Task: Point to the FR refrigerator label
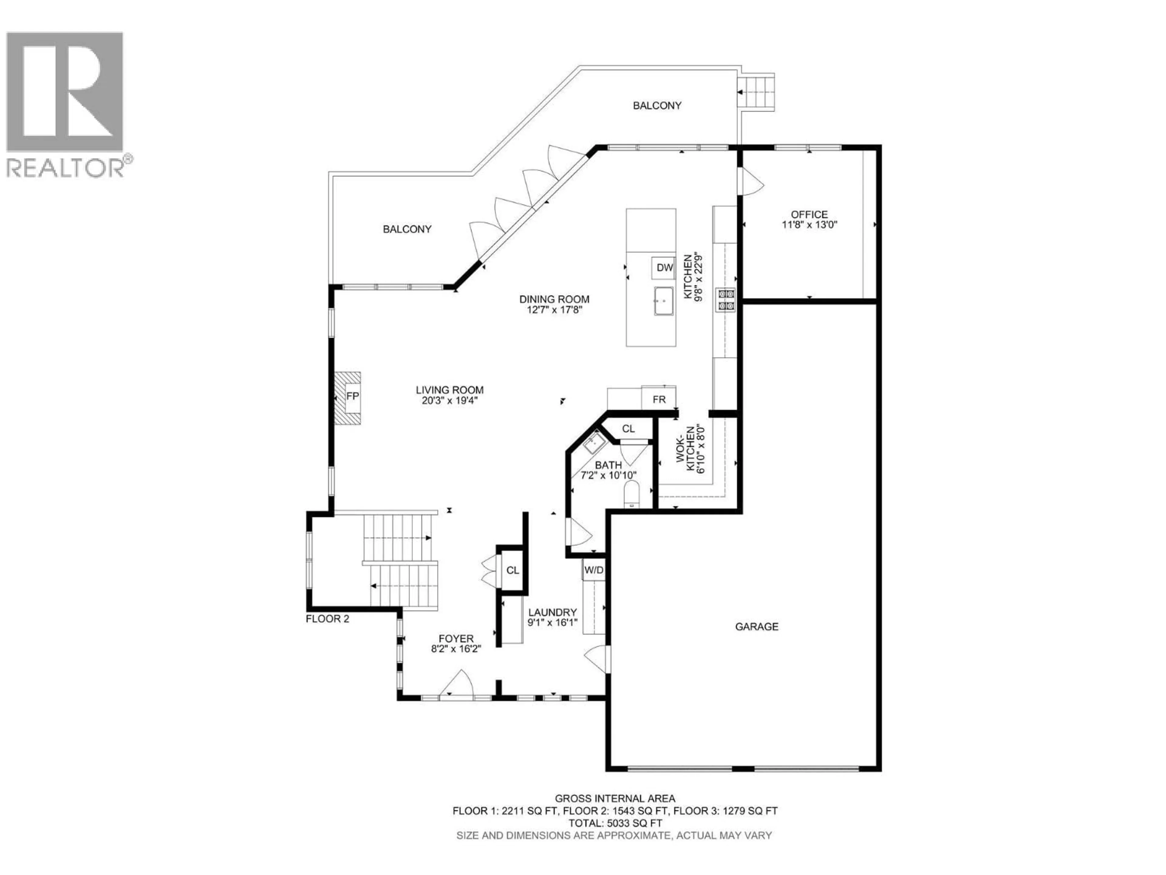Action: click(659, 399)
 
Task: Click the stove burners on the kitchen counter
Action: click(725, 300)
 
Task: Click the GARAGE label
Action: click(756, 626)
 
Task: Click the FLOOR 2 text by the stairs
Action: click(327, 619)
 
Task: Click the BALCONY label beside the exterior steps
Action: click(657, 105)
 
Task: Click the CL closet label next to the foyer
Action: click(512, 570)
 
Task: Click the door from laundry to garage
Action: click(597, 658)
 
